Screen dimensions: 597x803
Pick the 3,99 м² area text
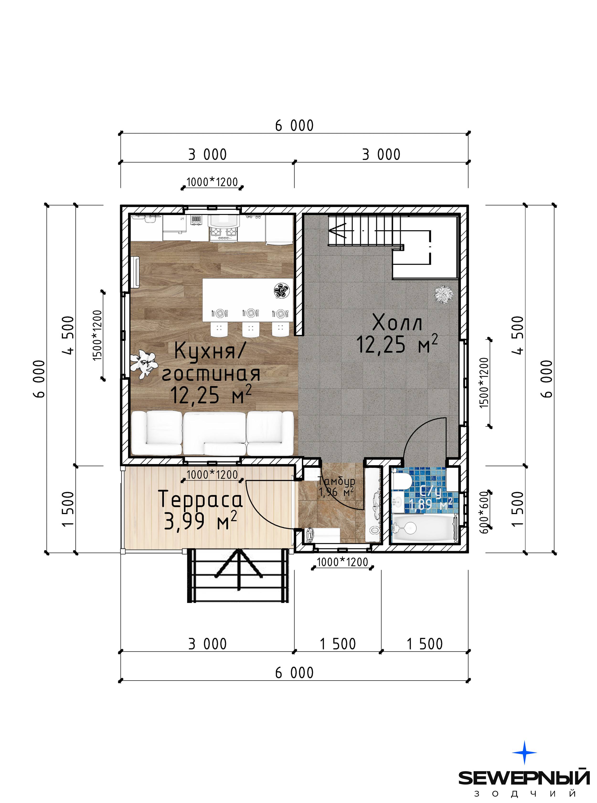pos(201,521)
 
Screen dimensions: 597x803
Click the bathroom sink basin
pos(398,503)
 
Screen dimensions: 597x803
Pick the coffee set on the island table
pos(281,290)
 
